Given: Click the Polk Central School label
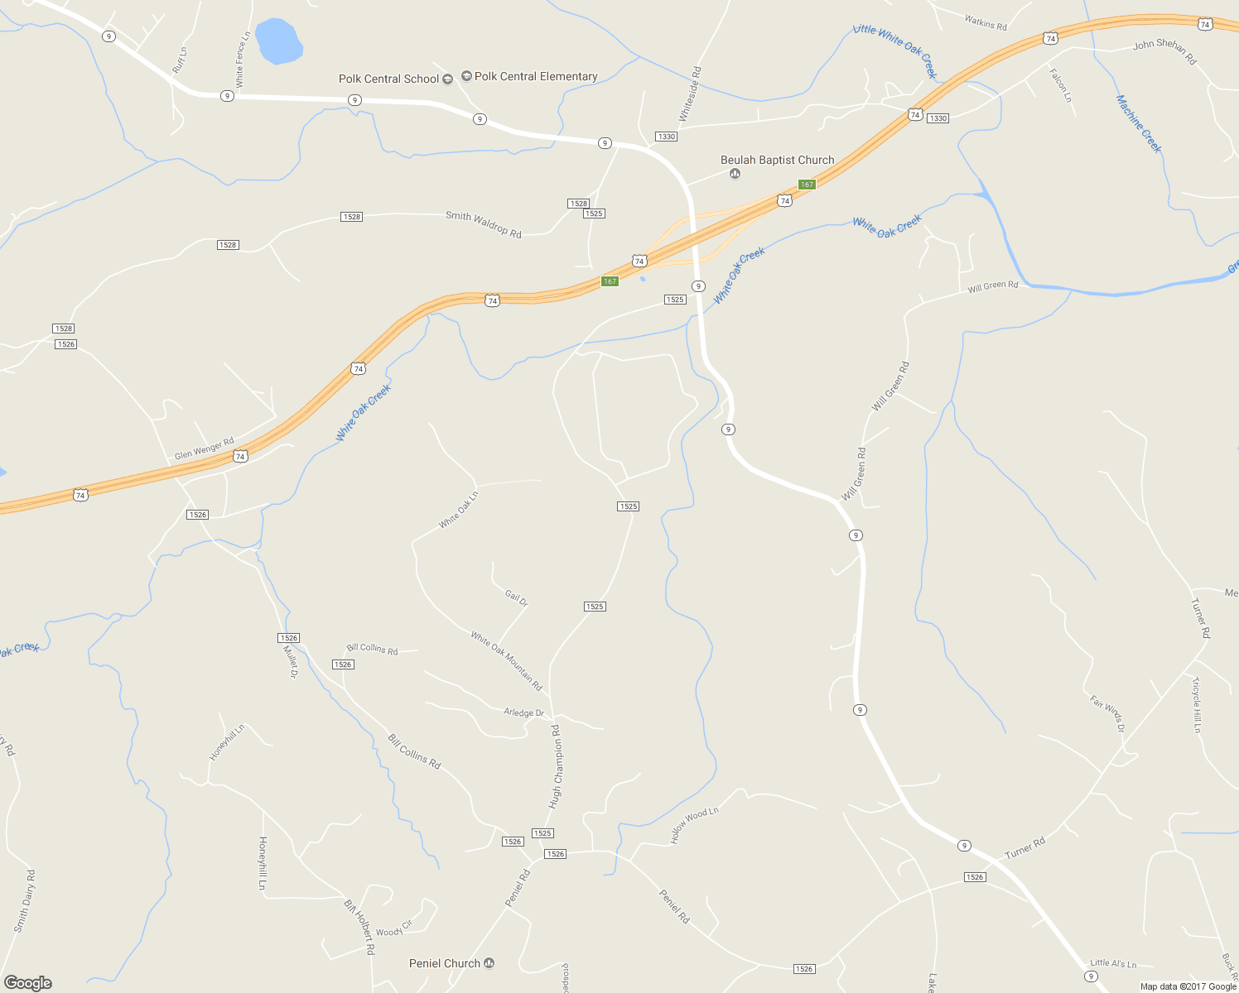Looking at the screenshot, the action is coord(388,79).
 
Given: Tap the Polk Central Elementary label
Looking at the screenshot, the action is coord(536,77).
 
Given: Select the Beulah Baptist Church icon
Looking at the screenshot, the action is coord(735,174).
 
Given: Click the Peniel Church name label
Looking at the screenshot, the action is coord(445,963).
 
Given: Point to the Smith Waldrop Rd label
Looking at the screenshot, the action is coord(484,224).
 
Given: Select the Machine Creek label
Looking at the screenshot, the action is coord(1139,124).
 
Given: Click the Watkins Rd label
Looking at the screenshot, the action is coord(986,23).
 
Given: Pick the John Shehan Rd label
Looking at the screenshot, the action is coord(1164,51).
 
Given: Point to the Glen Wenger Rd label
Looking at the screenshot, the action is coord(205,449).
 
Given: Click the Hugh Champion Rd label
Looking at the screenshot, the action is coord(555,766).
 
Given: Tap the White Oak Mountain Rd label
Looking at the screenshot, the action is coord(506,660).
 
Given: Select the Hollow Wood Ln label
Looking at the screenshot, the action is coord(694,826).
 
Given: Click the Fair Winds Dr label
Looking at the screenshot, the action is coord(1107,713).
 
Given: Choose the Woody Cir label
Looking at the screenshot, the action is coord(393,928).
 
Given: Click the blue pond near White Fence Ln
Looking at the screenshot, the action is coord(277,40).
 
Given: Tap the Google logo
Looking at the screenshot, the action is coord(28,983).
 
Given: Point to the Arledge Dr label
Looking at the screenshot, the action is coord(524,712).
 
